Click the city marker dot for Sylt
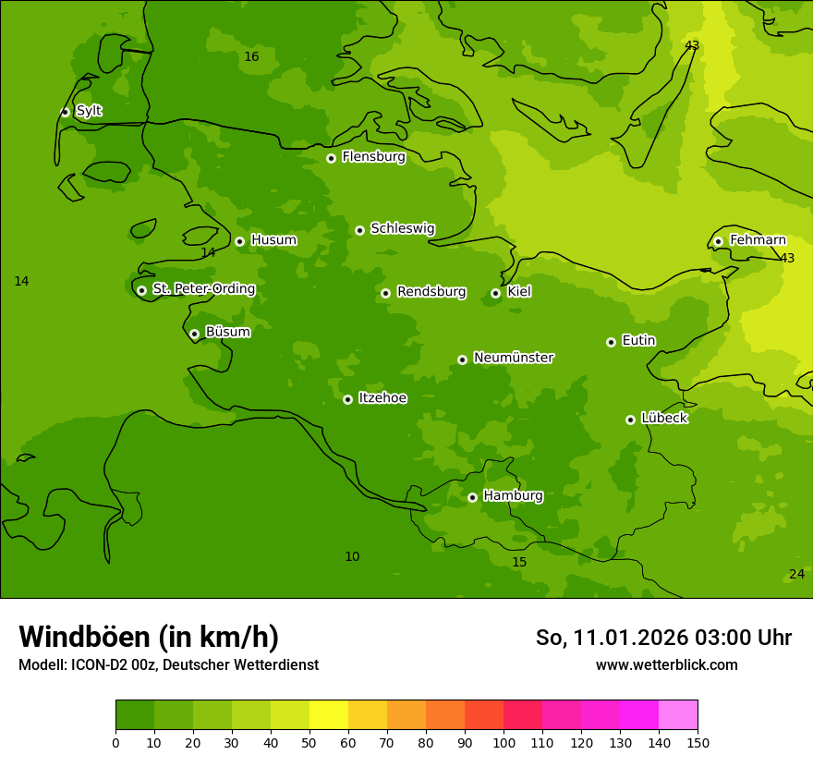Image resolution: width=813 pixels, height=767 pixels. [x=65, y=112]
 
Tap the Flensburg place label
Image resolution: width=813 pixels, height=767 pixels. [x=373, y=157]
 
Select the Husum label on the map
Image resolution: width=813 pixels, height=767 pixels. [x=273, y=240]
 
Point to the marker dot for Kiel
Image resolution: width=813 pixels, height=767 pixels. [x=495, y=293]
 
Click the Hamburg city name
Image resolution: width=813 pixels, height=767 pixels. [x=513, y=496]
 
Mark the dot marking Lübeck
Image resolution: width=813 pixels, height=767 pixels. [x=630, y=420]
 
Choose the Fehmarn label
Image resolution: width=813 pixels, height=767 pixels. [x=758, y=240]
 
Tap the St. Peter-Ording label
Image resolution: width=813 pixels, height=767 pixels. [x=203, y=289]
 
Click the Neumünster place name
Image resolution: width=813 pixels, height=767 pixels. [x=513, y=358]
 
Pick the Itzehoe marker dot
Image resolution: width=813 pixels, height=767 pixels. [x=347, y=399]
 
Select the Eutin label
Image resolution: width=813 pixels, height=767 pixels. [x=638, y=341]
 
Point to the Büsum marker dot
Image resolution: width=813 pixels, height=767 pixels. [x=194, y=334]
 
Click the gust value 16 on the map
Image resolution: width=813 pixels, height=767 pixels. [x=251, y=57]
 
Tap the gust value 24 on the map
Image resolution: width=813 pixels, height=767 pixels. [x=796, y=575]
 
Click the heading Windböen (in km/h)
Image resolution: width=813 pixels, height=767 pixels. [x=149, y=637]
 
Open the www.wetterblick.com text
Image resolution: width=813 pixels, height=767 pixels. [x=666, y=664]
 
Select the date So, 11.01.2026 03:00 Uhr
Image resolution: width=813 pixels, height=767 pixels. [x=663, y=638]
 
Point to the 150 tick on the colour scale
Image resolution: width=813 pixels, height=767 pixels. [x=698, y=742]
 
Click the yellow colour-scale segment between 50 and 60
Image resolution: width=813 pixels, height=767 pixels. [x=329, y=715]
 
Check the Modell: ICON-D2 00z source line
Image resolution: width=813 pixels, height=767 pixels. [x=168, y=664]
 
